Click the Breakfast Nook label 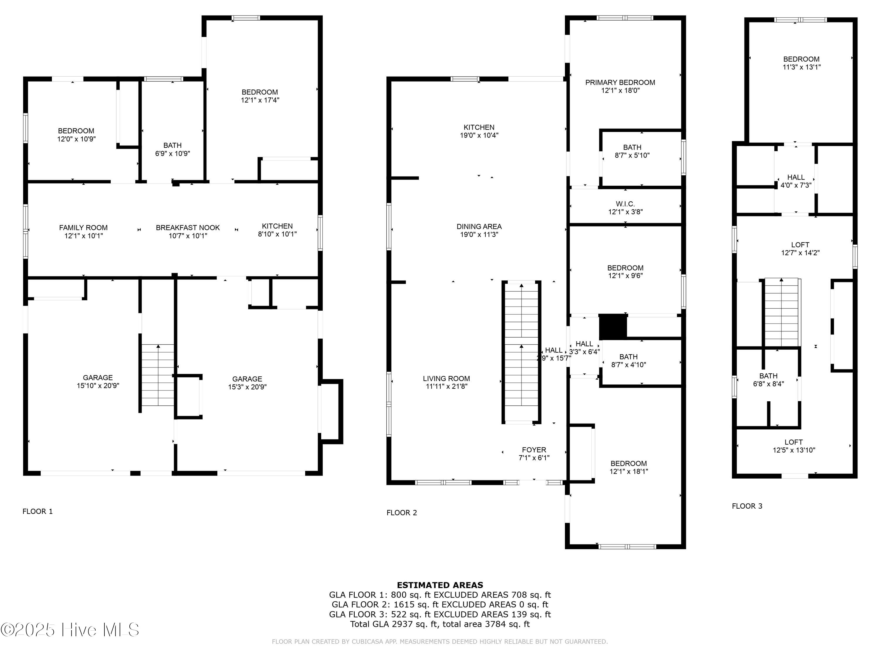(188, 228)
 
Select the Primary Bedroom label (620, 82)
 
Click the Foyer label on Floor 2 (534, 450)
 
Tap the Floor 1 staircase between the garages (158, 375)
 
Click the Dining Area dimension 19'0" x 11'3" (479, 235)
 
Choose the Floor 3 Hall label (796, 177)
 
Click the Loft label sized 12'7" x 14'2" (800, 245)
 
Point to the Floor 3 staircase (781, 312)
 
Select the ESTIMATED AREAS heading (440, 585)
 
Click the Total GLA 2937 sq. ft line (440, 624)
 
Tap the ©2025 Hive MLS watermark (70, 630)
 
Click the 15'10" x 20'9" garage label (98, 385)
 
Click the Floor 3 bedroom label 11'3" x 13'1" (801, 67)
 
